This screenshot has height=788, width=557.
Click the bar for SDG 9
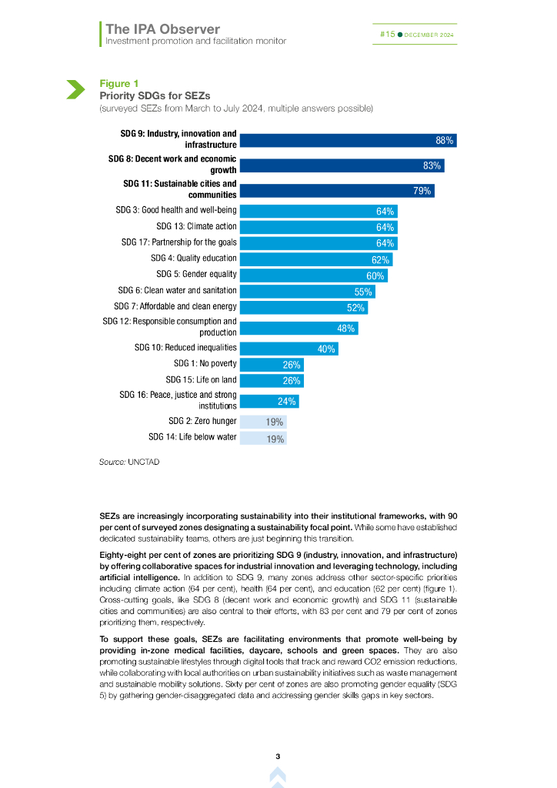tap(348, 140)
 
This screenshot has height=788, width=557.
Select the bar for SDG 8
tap(342, 165)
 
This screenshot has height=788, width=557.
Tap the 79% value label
tap(422, 191)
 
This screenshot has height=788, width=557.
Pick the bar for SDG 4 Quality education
tap(315, 259)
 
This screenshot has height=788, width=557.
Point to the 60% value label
tap(375, 275)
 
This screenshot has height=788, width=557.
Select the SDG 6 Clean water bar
tap(308, 292)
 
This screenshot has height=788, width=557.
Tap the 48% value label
tap(346, 329)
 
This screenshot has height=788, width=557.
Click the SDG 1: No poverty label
tap(205, 363)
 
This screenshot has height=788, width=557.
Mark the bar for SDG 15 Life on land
tap(272, 380)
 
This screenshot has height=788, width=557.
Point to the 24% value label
tap(287, 401)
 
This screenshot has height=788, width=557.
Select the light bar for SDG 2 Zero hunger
tap(262, 422)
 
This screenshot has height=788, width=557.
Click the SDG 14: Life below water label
tap(192, 437)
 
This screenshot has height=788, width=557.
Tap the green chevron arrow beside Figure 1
tap(75, 89)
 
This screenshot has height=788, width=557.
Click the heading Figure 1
tap(118, 83)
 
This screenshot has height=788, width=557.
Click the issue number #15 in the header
tap(388, 35)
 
